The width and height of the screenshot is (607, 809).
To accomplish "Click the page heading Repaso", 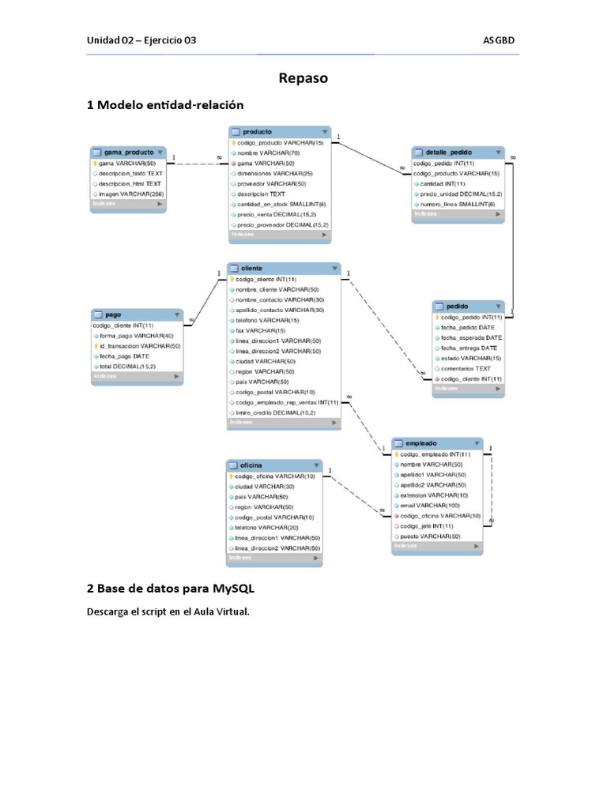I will tap(303, 78).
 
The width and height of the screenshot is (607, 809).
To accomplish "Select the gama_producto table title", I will tap(129, 152).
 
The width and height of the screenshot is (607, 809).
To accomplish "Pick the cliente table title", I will tap(252, 268).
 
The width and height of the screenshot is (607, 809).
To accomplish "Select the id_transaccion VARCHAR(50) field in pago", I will tap(140, 346).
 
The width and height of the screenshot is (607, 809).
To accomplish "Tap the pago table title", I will tap(112, 314).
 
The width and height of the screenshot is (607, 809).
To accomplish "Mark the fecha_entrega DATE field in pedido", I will tap(469, 348).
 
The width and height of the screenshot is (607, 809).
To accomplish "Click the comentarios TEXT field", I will tap(466, 368).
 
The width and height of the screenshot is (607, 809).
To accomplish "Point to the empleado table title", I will tap(419, 443).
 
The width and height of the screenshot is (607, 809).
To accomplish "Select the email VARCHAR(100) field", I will tap(430, 505).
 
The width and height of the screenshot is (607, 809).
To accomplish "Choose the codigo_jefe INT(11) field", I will tap(427, 525).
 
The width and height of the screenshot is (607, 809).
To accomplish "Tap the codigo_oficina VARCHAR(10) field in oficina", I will tap(275, 476).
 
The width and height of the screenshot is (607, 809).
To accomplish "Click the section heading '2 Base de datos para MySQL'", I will tap(171, 589).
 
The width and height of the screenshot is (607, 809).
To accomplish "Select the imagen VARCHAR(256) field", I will tap(130, 194).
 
